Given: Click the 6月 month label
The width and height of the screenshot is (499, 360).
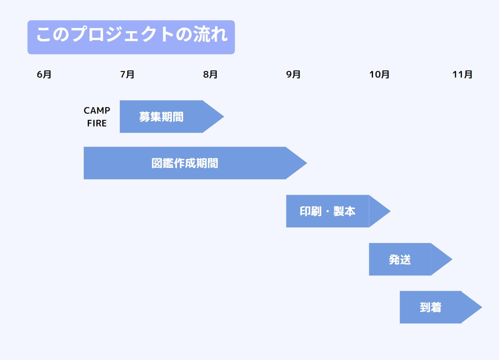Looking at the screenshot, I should (x=44, y=75).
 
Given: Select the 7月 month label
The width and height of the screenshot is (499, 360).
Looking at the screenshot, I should (x=127, y=75).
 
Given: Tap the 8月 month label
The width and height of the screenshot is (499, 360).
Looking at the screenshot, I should (x=211, y=75).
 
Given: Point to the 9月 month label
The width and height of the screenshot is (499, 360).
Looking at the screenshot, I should (x=293, y=75).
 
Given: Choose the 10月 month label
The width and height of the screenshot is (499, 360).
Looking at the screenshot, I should (x=379, y=75).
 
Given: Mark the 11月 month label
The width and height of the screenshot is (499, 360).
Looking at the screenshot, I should (x=462, y=75).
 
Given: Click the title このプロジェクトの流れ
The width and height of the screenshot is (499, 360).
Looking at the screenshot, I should (x=131, y=35).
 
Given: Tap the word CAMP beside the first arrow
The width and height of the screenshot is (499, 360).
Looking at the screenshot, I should (x=97, y=111).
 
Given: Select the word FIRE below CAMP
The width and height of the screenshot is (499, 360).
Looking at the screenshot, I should (x=97, y=124).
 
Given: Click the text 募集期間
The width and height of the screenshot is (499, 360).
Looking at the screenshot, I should (x=161, y=117).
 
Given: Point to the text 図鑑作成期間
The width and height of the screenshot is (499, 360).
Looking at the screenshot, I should (x=185, y=163).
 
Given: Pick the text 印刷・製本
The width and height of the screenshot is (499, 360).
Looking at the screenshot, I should (x=327, y=211).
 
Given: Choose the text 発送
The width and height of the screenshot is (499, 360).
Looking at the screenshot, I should (x=400, y=259).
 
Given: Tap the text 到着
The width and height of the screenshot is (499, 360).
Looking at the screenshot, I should (x=430, y=307).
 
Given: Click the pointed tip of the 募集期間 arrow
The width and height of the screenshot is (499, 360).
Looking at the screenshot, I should (x=222, y=117).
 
